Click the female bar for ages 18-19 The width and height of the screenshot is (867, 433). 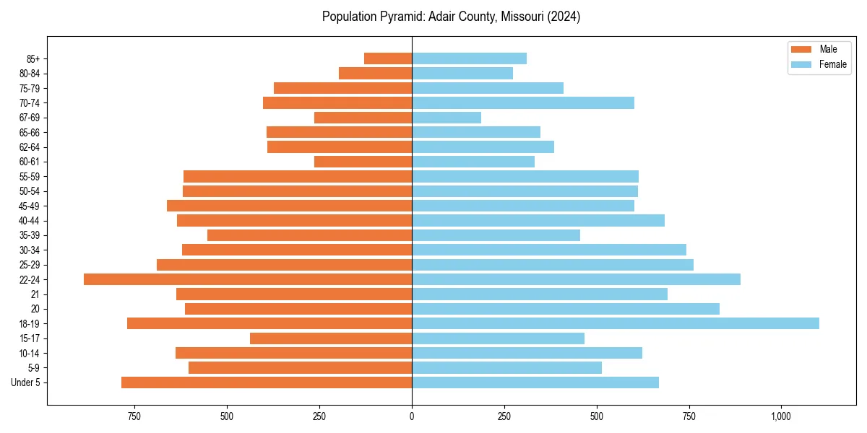pos(615,323)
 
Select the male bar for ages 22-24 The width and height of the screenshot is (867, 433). pos(248,279)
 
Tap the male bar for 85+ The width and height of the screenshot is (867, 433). pos(388,58)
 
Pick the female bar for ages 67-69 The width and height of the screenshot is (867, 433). pos(447,118)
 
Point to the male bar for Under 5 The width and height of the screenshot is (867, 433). pos(267,382)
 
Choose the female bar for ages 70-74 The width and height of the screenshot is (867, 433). pos(523,102)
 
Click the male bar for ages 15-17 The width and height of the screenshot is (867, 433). pos(331,338)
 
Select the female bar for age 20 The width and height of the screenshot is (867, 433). pos(566,309)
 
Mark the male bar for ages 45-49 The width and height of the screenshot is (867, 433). pos(289,206)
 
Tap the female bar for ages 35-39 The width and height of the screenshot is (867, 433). pos(496,235)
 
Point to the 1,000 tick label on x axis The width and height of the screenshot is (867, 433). pos(781,416)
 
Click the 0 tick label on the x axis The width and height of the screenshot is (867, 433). pos(412,416)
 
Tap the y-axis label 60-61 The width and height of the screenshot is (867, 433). pos(30,162)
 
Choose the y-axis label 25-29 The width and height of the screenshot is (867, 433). pos(30,265)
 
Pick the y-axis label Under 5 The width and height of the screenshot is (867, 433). pos(26,382)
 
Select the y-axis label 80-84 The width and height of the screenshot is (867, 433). pos(30,74)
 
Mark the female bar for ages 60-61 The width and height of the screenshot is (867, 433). pos(473,162)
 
